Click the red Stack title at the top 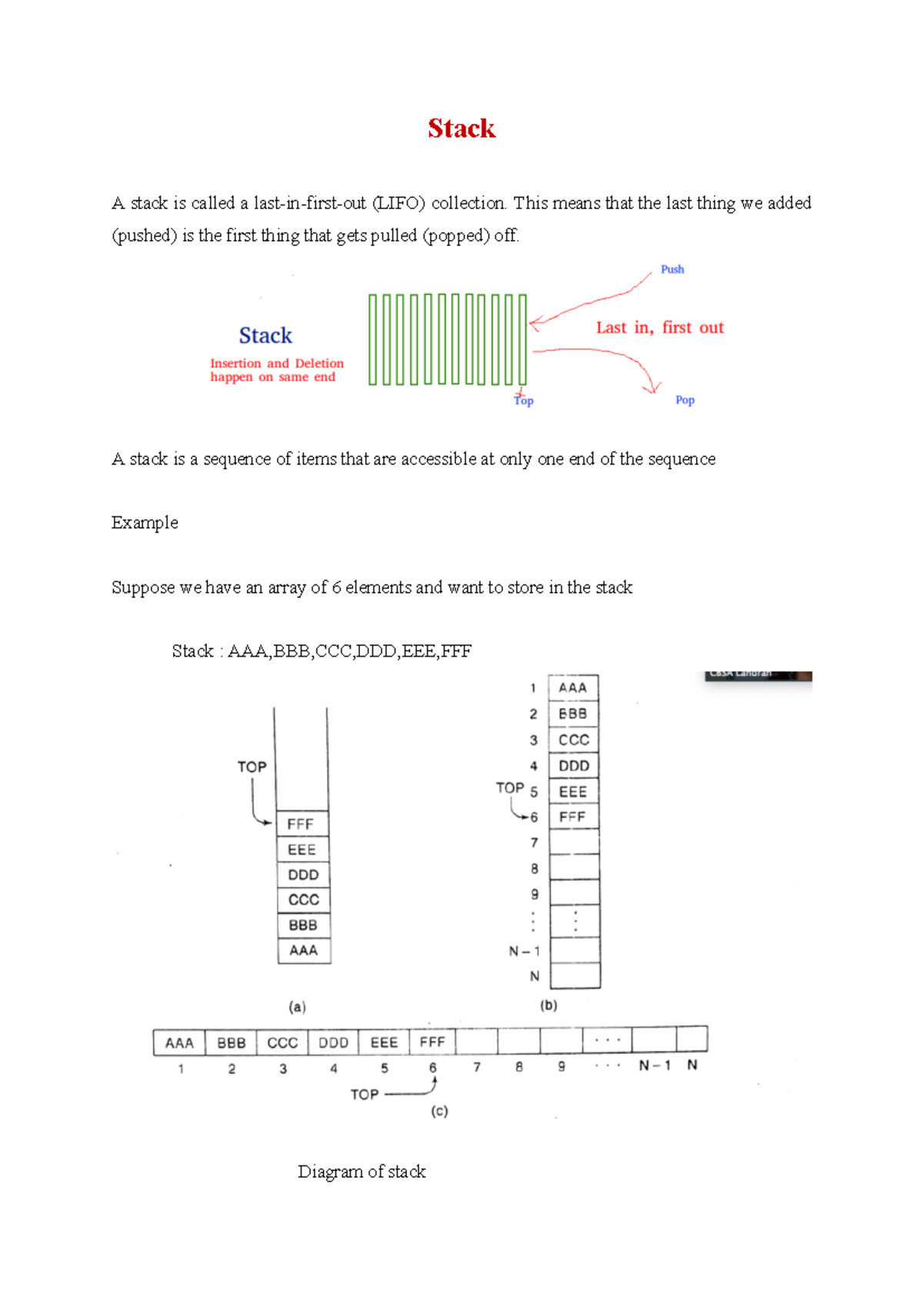(x=461, y=128)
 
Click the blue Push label (x=671, y=269)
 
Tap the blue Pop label (x=685, y=400)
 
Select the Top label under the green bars (x=524, y=400)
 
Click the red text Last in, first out (x=659, y=328)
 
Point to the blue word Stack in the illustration (x=265, y=335)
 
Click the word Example (x=145, y=523)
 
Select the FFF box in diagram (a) (x=302, y=824)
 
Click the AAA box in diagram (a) (x=303, y=951)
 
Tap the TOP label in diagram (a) (x=252, y=767)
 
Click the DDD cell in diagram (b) (x=574, y=766)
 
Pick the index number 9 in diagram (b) (x=535, y=895)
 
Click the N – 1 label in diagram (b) (x=525, y=951)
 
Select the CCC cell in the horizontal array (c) (x=282, y=1043)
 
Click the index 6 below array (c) (x=433, y=1068)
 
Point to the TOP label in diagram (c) (x=365, y=1094)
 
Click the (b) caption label (x=548, y=1005)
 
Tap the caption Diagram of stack (x=362, y=1171)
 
